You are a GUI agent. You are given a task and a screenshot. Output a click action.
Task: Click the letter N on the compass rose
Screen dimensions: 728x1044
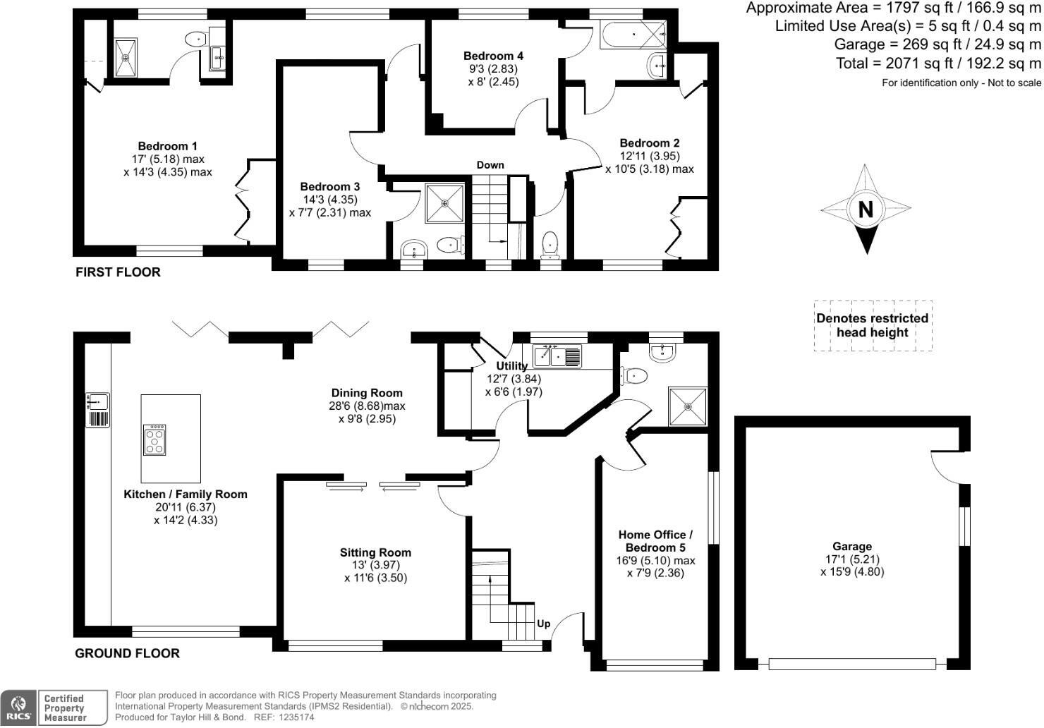click(x=866, y=210)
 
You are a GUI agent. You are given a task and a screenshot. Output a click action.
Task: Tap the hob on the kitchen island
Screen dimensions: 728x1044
click(x=154, y=439)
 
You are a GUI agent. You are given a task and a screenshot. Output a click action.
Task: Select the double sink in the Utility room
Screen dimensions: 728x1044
click(x=557, y=356)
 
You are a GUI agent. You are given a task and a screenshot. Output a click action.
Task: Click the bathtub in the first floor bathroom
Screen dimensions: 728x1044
click(x=632, y=35)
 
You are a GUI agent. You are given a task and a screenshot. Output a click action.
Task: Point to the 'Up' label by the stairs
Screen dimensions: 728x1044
click(x=544, y=624)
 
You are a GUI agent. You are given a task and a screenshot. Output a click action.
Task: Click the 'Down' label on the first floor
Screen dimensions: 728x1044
click(x=490, y=165)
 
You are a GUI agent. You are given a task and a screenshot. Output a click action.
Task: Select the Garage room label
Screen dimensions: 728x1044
click(x=852, y=547)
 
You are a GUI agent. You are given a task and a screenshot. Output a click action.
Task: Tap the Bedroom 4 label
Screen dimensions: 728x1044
click(x=493, y=56)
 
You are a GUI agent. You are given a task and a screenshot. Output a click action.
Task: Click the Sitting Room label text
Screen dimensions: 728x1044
click(x=375, y=552)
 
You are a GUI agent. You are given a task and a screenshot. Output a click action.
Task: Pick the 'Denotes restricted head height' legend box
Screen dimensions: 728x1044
click(x=873, y=326)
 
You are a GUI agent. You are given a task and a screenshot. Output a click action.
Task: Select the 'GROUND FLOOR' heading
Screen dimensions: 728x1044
click(x=127, y=653)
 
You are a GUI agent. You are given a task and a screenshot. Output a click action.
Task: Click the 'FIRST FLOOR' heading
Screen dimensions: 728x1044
click(x=118, y=272)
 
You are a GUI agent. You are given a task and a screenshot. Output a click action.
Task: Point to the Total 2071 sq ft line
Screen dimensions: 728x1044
click(x=938, y=63)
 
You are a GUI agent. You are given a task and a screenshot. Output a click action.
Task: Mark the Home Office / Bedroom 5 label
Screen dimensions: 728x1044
click(x=655, y=541)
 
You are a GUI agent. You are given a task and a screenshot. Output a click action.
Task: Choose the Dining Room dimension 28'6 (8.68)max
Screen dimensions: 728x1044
click(x=367, y=406)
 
